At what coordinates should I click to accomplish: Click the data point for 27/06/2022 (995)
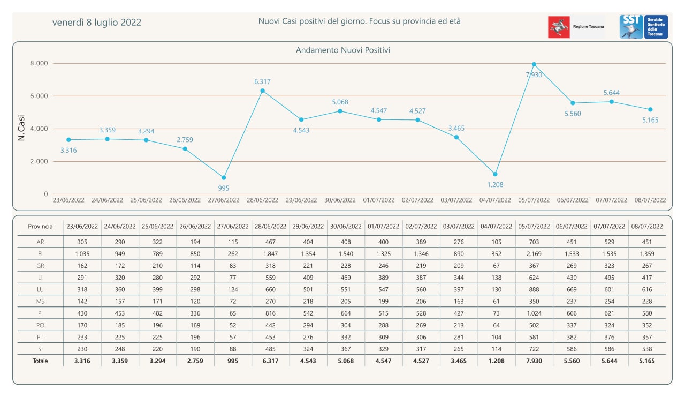[x=224, y=177]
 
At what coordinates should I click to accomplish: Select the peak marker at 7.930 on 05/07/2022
[x=534, y=64]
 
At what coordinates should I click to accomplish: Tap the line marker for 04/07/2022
[x=495, y=174]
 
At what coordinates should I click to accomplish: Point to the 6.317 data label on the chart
[x=262, y=82]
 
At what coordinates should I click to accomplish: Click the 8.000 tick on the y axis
[x=39, y=63]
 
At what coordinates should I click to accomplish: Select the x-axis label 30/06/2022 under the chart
[x=340, y=200]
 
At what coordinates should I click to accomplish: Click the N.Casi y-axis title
[x=21, y=128]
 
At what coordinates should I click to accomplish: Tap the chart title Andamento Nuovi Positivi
[x=343, y=50]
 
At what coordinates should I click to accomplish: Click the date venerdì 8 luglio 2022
[x=97, y=23]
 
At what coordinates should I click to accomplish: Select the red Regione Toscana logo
[x=559, y=27]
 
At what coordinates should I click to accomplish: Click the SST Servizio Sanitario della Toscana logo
[x=644, y=27]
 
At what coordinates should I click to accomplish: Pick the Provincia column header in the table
[x=40, y=227]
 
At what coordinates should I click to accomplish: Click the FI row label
[x=40, y=254]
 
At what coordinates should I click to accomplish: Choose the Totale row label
[x=40, y=361]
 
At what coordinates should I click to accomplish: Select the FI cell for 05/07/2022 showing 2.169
[x=534, y=254]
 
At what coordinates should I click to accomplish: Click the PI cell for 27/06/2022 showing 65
[x=233, y=313]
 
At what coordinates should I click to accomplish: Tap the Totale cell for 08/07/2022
[x=647, y=361]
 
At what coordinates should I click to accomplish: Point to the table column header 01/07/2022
[x=384, y=227]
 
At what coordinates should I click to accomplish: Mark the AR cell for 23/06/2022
[x=82, y=242]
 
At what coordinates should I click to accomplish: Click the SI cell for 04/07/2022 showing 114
[x=496, y=349]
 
